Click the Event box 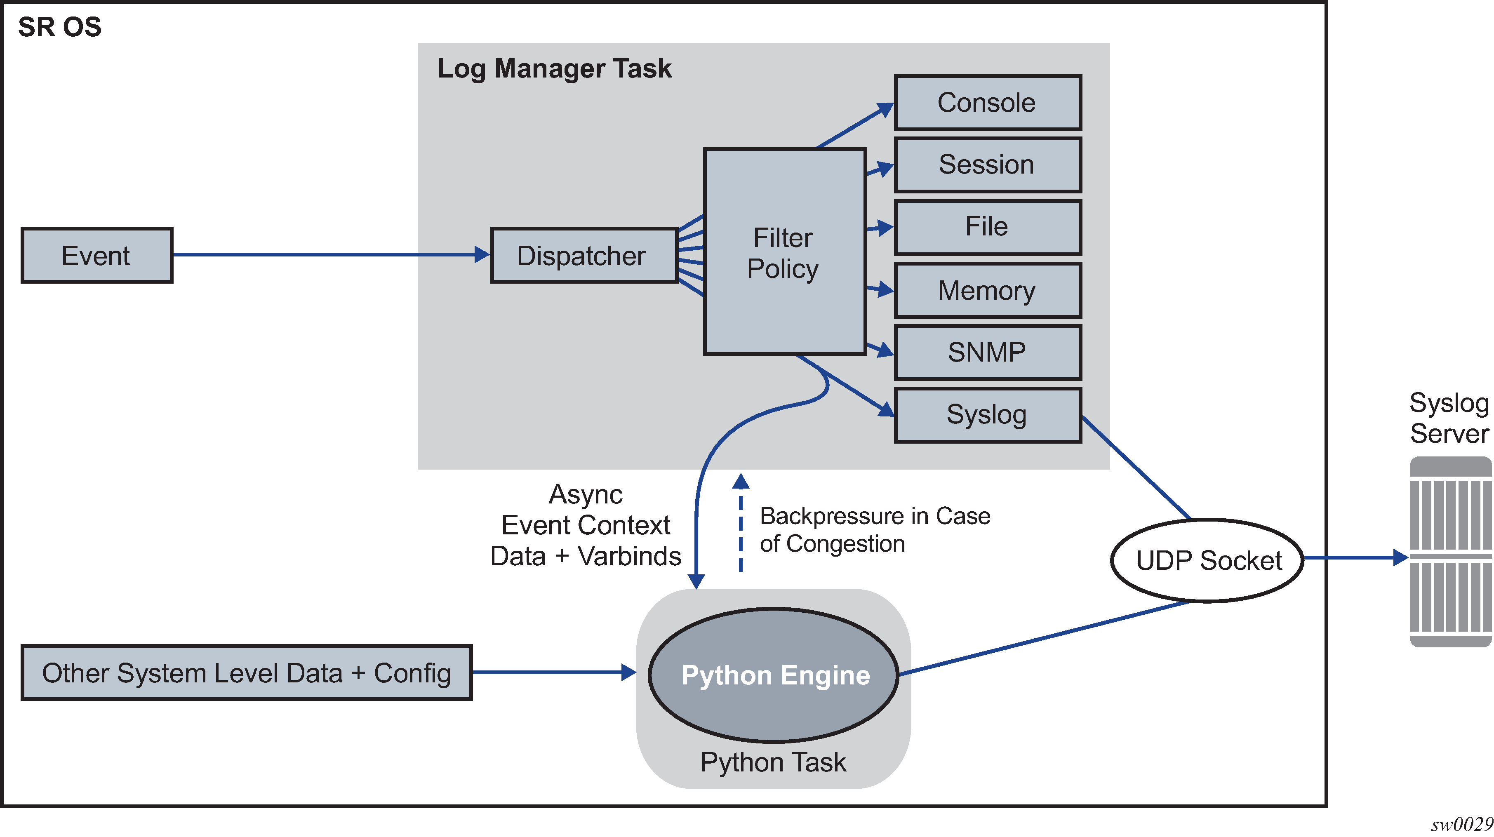click(97, 255)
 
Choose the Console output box click(987, 103)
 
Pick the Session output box click(987, 165)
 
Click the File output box click(987, 227)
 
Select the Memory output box click(987, 290)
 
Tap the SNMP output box click(987, 352)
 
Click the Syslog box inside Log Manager click(987, 415)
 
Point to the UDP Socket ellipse click(1207, 560)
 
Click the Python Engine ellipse click(774, 675)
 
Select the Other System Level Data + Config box click(247, 673)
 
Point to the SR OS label click(60, 27)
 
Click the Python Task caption click(773, 762)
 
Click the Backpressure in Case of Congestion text click(875, 529)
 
